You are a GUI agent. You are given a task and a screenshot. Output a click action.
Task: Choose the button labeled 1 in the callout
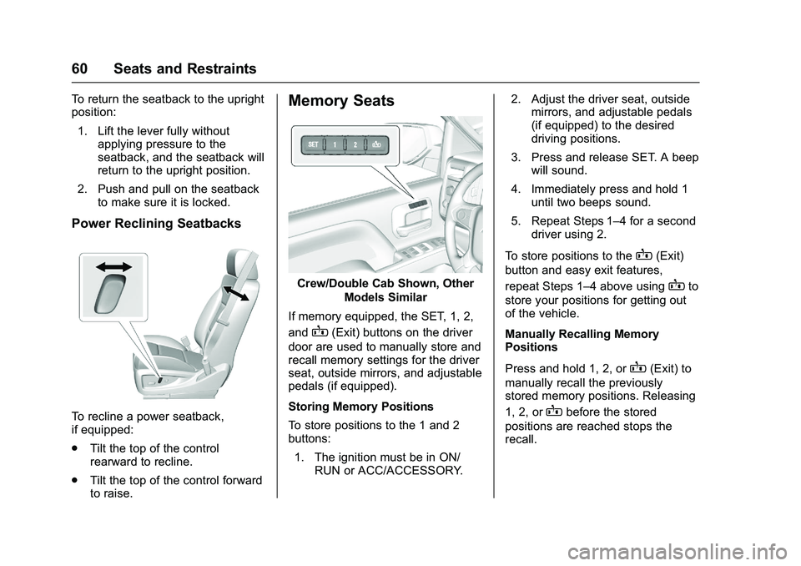(335, 144)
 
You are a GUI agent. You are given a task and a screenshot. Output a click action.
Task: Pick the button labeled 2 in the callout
(355, 144)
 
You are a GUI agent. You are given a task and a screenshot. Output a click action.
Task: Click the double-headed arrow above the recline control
(113, 266)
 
